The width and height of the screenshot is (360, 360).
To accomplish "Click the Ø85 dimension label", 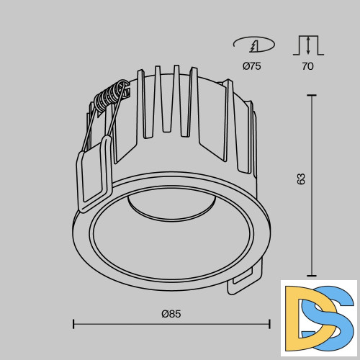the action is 171,314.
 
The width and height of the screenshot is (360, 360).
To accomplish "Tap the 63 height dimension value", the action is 301,179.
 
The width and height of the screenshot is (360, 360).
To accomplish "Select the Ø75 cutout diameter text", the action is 252,66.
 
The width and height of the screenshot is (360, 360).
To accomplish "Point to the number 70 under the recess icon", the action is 307,66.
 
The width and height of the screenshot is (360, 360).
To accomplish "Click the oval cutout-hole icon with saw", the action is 254,45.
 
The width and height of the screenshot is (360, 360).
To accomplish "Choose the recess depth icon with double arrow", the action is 308,45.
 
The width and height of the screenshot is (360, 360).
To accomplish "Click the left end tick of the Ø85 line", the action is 73,324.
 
